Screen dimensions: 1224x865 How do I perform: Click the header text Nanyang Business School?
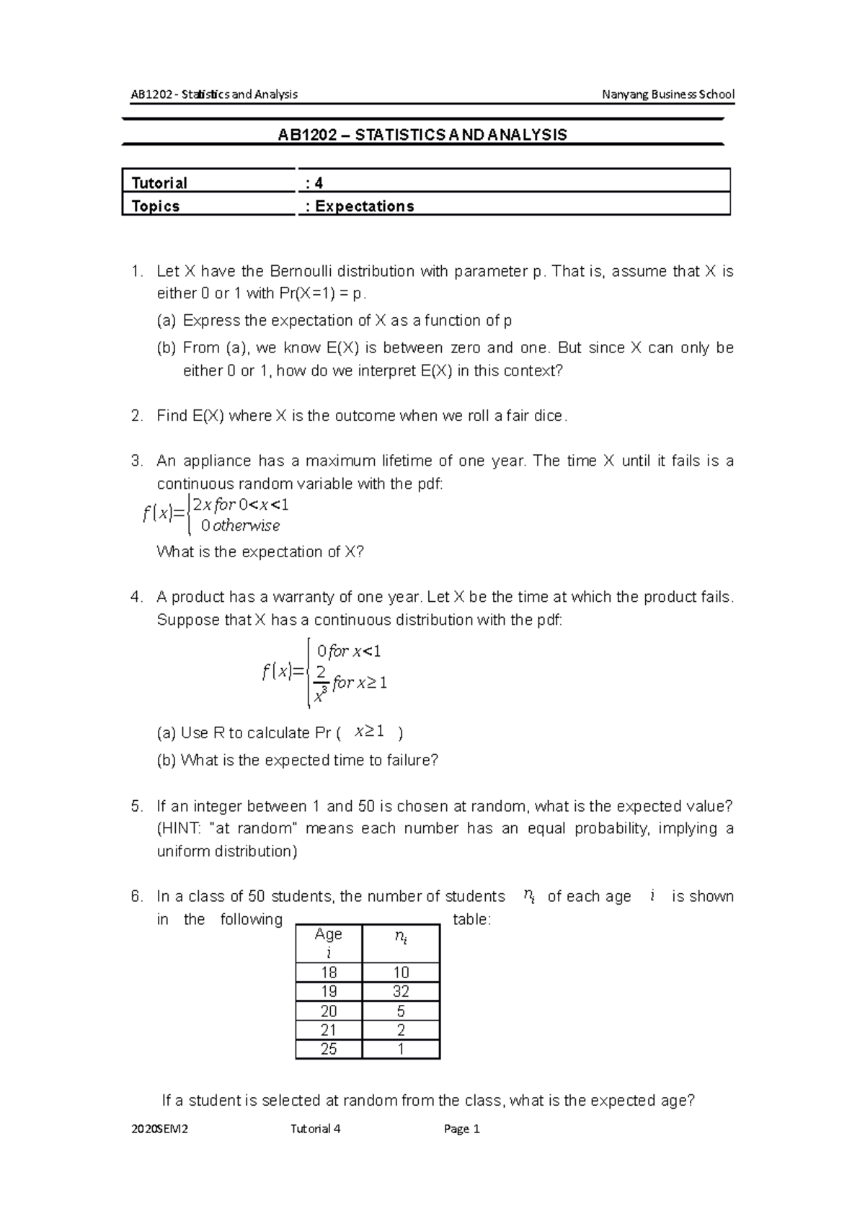tap(668, 94)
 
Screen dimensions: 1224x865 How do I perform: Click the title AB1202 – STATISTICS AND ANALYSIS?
tap(422, 135)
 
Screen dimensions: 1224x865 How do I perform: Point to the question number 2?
tap(137, 416)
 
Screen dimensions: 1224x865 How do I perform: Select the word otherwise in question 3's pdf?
tap(246, 526)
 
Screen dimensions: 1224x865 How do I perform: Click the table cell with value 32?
tap(401, 991)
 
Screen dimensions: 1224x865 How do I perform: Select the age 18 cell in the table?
tap(329, 972)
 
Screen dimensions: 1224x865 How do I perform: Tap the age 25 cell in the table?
tap(329, 1049)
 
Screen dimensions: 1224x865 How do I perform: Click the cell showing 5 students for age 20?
tap(401, 1011)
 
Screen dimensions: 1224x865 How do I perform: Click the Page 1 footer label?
tap(462, 1129)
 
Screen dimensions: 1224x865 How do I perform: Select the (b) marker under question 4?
tap(167, 760)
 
